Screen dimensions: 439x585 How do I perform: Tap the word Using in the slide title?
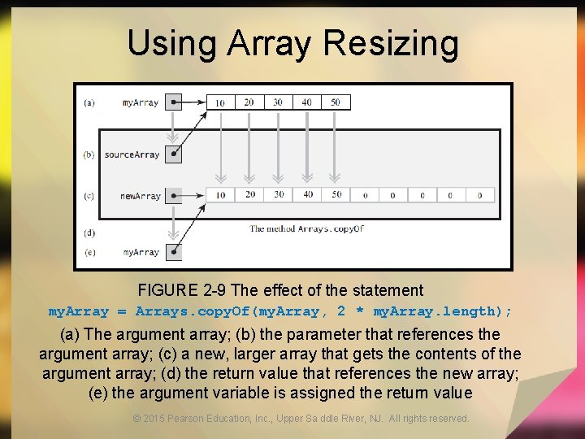tap(170, 44)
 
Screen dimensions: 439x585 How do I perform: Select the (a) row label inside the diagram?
tap(89, 102)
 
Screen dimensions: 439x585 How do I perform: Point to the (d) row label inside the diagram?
tap(89, 233)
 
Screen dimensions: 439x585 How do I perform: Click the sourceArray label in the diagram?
tap(132, 154)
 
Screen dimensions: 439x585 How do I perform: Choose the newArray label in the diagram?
tap(140, 196)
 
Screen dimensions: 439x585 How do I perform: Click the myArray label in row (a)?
tap(141, 102)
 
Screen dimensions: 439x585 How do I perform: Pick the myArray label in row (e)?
tap(141, 252)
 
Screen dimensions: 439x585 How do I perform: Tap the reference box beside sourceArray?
tap(173, 154)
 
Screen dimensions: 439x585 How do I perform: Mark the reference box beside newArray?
tap(173, 196)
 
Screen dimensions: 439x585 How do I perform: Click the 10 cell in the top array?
tap(220, 102)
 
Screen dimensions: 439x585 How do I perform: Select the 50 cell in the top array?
tap(336, 102)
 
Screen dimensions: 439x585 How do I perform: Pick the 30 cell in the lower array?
tap(279, 195)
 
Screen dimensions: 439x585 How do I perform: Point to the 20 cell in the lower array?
tap(249, 195)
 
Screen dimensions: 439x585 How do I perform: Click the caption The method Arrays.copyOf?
tap(306, 228)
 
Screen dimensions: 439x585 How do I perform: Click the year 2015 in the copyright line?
tap(153, 419)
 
